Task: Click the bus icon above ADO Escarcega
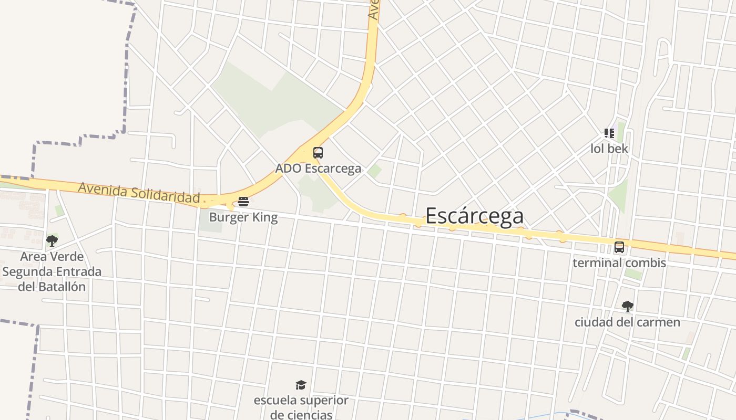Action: point(318,153)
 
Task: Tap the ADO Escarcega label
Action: point(318,169)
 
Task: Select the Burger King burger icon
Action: point(243,202)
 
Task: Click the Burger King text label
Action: point(243,217)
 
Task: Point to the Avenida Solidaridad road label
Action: point(139,193)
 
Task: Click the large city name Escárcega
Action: point(474,216)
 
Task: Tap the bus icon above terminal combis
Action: point(619,247)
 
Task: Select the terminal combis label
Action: point(619,262)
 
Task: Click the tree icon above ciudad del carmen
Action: point(627,307)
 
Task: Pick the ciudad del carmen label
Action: point(627,322)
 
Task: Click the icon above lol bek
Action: point(609,133)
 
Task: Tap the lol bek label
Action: point(609,149)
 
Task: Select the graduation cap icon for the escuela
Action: point(301,385)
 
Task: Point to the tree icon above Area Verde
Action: point(52,241)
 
